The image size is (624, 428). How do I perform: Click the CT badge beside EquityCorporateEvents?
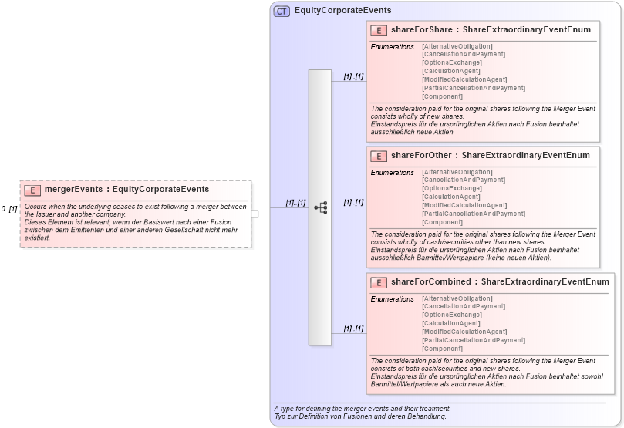coord(282,11)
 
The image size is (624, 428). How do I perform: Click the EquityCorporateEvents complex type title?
coord(342,11)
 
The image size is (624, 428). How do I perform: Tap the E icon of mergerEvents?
coord(32,190)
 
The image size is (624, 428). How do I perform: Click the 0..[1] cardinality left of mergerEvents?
coord(9,209)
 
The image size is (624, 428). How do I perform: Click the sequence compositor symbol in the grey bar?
coord(320,207)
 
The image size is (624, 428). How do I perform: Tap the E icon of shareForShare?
coord(379,30)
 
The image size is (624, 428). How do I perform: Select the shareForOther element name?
coord(422,156)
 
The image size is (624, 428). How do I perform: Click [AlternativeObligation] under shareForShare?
coord(457,46)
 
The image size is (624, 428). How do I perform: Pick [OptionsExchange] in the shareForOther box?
coord(452,189)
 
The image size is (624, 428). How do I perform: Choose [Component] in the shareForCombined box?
coord(443,349)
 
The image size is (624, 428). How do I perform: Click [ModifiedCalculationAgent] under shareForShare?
coord(464,80)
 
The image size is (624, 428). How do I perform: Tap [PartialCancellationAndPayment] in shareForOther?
coord(474,214)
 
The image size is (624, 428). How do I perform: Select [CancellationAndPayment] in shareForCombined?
coord(464,307)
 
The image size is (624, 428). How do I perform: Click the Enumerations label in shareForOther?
coord(393,173)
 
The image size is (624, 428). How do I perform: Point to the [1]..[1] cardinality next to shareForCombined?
coord(353,329)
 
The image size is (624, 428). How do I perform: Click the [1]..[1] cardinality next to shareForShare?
coord(353,76)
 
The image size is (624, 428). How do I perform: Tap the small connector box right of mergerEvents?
coord(255,214)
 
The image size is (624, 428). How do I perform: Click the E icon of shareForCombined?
coord(379,282)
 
